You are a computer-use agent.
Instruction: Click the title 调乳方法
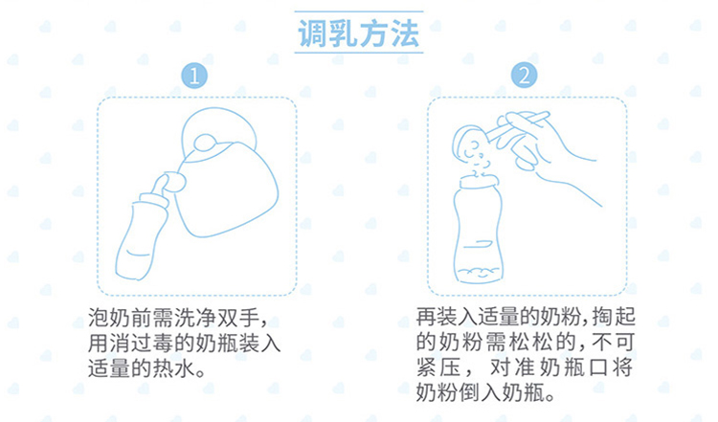359,33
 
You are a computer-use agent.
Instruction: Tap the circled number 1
194,76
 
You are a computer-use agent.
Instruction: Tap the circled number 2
525,75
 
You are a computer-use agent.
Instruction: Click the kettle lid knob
205,143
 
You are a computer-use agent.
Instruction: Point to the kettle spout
175,182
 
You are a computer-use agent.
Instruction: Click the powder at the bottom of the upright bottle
479,274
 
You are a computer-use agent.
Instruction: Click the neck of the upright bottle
479,182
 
